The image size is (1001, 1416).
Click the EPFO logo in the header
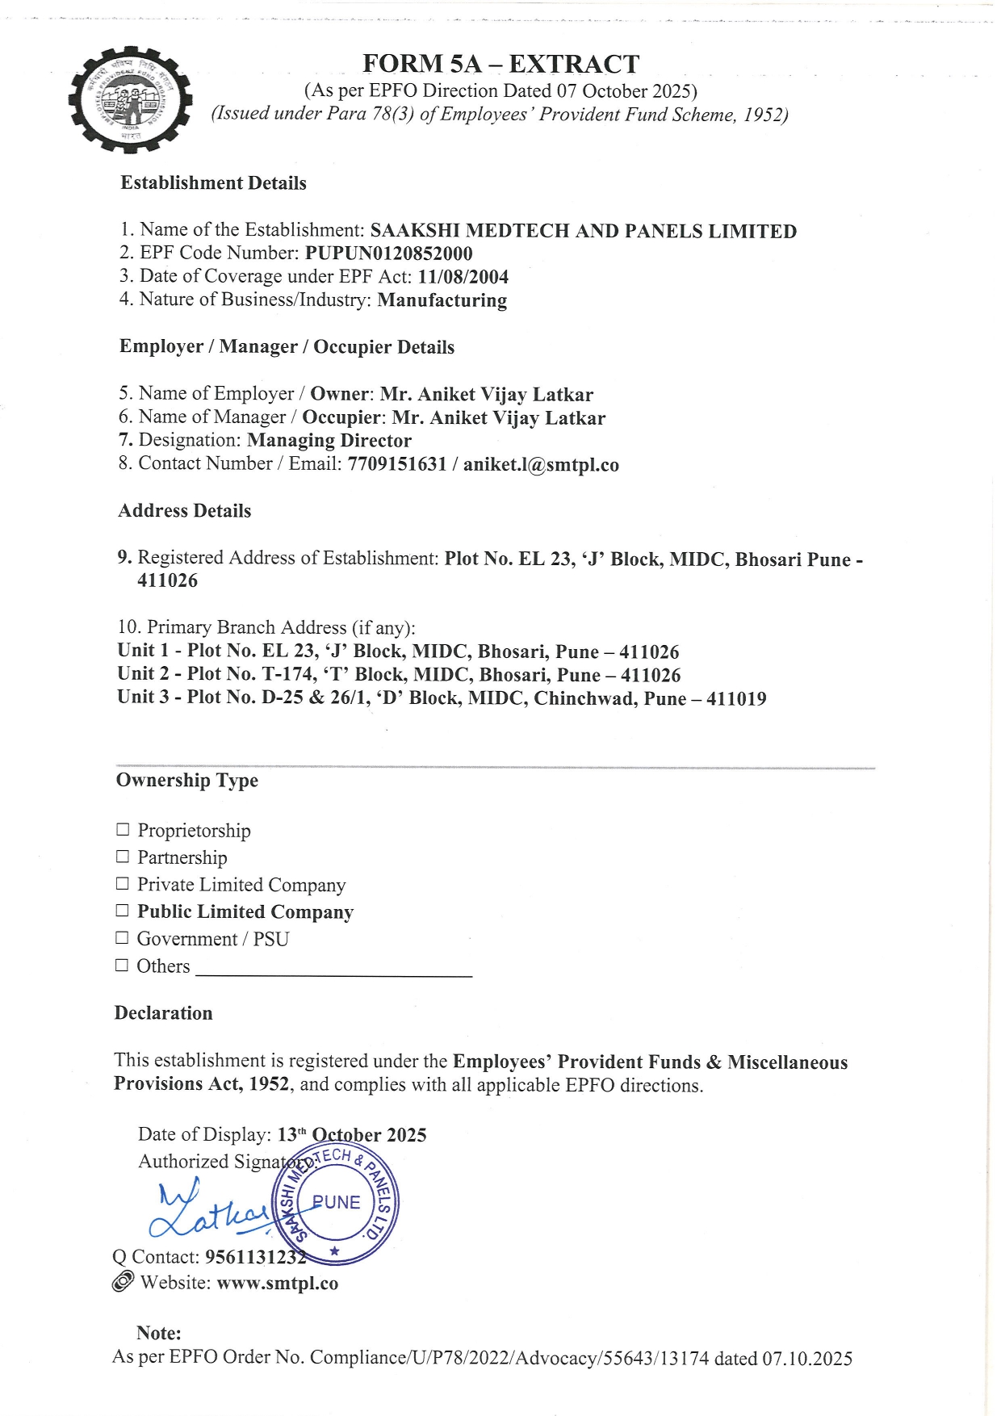[x=131, y=98]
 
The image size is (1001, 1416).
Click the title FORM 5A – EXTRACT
[x=500, y=64]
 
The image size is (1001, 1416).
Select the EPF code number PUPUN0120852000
[x=388, y=253]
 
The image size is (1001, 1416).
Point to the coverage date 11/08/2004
[x=463, y=277]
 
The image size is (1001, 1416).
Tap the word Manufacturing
[x=442, y=300]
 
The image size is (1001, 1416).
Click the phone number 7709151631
[x=396, y=464]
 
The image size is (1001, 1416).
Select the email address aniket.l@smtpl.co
[x=541, y=465]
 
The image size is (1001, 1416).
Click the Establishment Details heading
[x=213, y=183]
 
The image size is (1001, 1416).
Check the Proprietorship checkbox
[x=123, y=829]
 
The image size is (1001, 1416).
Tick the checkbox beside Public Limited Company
[x=123, y=911]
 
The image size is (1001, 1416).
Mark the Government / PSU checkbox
[x=122, y=937]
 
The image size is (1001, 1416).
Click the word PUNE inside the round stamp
[x=337, y=1202]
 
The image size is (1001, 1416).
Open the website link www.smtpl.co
[x=278, y=1284]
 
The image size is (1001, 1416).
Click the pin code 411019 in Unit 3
[x=735, y=699]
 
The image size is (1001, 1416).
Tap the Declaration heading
[x=163, y=1013]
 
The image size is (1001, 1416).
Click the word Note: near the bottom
[x=158, y=1333]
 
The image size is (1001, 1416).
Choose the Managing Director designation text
[x=329, y=441]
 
